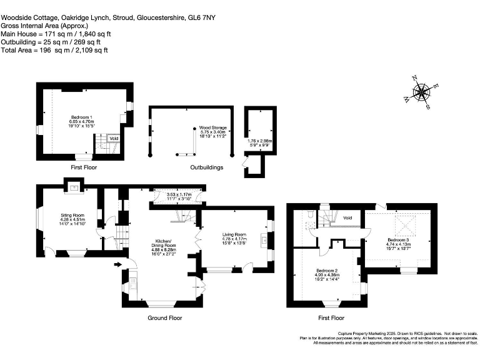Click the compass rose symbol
[x=421, y=92]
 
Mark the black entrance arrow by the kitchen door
[x=117, y=264]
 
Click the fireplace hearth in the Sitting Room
[x=74, y=187]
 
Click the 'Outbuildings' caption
[x=207, y=167]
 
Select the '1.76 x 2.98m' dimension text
[x=259, y=141]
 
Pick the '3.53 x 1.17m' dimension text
[x=179, y=195]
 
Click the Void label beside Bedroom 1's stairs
[x=114, y=139]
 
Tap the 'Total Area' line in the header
[x=54, y=49]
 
